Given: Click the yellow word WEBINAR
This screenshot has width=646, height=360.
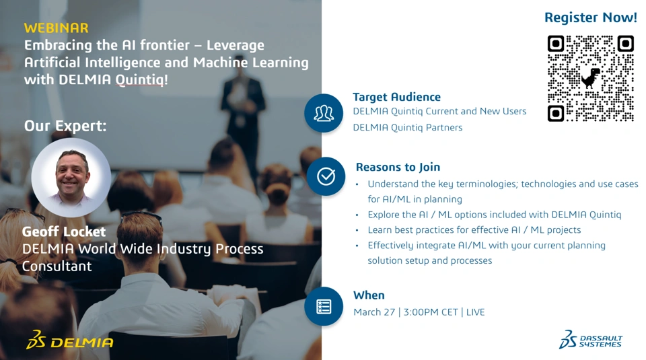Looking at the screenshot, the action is [x=56, y=28].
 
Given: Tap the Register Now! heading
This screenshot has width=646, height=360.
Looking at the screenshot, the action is [x=591, y=17].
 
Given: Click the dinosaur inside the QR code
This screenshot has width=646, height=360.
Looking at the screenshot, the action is [x=590, y=78].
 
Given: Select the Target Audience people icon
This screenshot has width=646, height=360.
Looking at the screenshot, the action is [x=324, y=113].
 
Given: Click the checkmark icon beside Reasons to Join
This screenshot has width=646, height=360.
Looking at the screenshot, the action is [x=326, y=176].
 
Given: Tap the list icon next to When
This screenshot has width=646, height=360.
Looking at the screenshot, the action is [x=324, y=306].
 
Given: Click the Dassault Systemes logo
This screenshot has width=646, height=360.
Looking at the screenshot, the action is [x=590, y=339].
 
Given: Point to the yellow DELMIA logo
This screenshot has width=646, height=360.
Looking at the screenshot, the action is [x=69, y=340].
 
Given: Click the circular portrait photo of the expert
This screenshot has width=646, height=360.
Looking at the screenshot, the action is [x=71, y=178].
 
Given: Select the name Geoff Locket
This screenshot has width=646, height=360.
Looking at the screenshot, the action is [x=64, y=231].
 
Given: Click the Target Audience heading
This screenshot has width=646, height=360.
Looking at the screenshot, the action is [x=397, y=97].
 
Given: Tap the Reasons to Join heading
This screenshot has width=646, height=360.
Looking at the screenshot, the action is [x=398, y=168].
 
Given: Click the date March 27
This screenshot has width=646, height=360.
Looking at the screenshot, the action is [x=374, y=312].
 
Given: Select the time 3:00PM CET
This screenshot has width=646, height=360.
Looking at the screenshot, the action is [x=431, y=312].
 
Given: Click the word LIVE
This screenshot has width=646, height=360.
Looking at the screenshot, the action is [x=476, y=312].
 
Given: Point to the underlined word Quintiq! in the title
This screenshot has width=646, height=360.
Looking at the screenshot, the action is [x=142, y=80].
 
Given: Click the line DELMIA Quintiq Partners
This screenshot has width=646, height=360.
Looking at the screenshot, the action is [x=408, y=128].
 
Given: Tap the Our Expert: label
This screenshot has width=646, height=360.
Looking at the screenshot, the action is [x=65, y=126].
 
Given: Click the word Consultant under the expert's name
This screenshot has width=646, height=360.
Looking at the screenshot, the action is [x=57, y=266].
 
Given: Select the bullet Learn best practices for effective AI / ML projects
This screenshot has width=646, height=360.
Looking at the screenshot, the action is [x=474, y=230].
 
